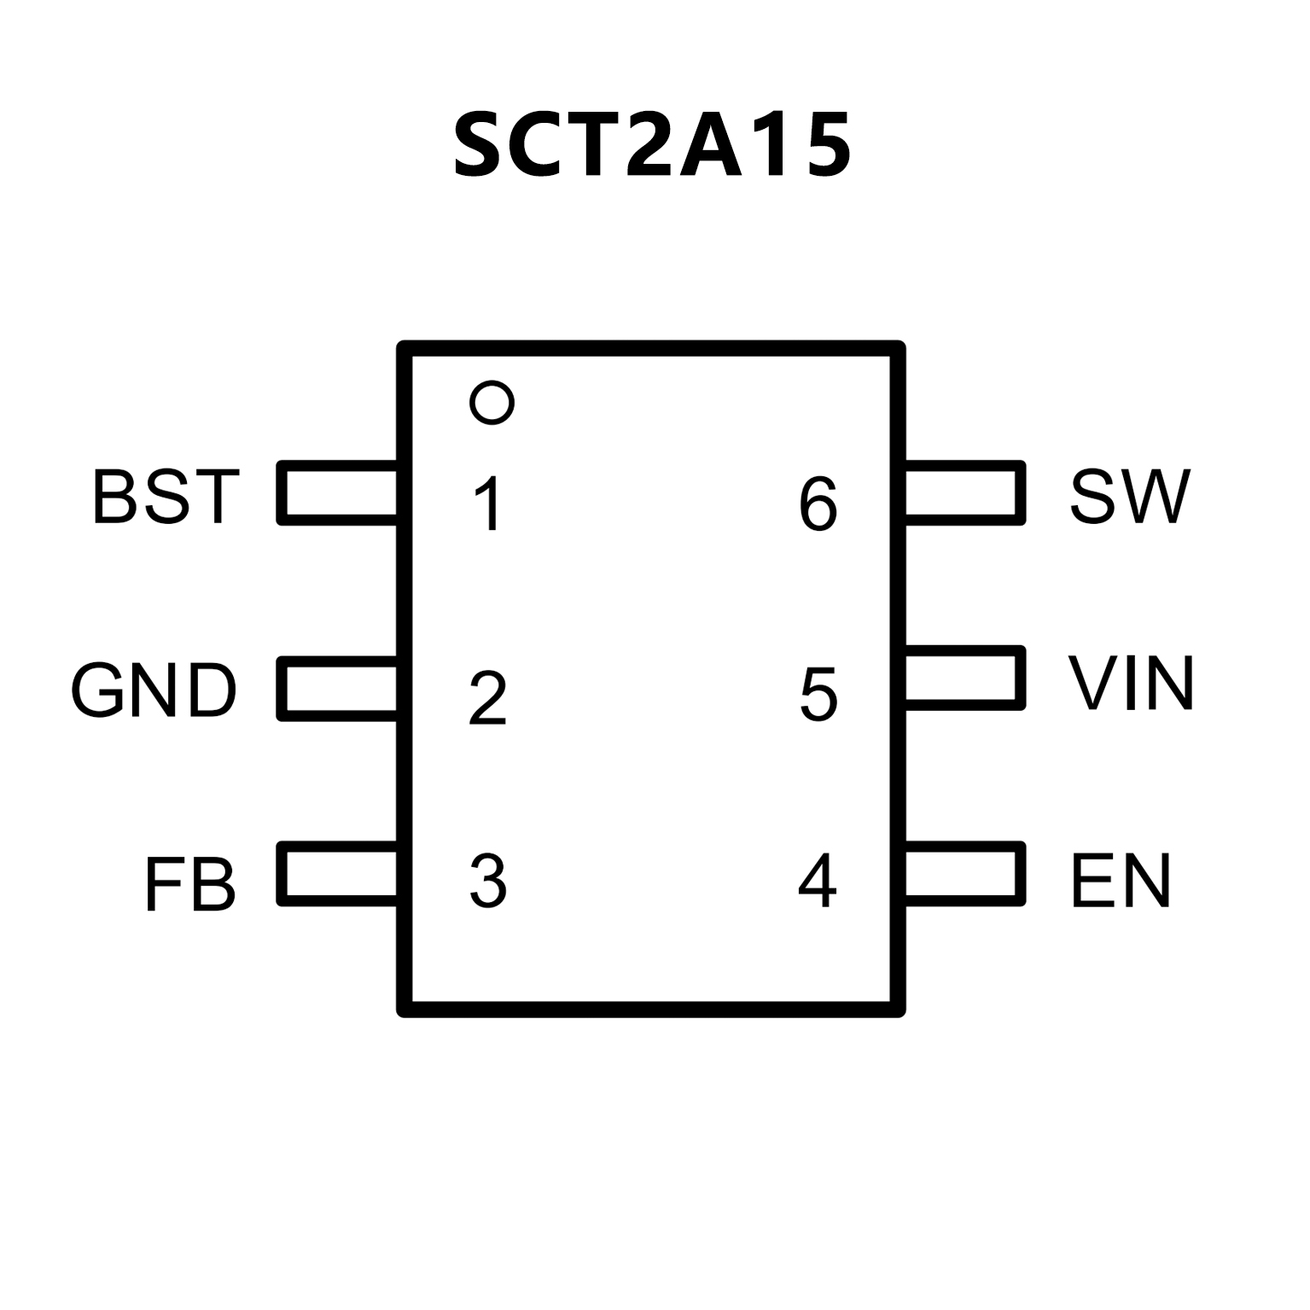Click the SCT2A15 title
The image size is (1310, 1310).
tap(652, 145)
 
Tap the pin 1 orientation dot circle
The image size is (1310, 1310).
tap(492, 402)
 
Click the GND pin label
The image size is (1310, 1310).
tap(154, 690)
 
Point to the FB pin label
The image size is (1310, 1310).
tap(189, 884)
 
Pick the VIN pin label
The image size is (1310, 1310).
tap(1131, 683)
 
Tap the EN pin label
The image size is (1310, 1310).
tap(1121, 881)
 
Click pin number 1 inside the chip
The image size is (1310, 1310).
tap(488, 504)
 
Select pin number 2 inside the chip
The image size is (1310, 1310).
tap(488, 699)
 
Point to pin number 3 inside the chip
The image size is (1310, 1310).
tap(488, 881)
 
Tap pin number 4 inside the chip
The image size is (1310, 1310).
tap(818, 881)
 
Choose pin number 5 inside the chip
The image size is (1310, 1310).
tap(818, 694)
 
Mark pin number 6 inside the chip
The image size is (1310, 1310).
tap(818, 504)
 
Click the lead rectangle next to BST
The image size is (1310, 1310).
tap(339, 492)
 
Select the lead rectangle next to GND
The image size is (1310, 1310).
tap(339, 689)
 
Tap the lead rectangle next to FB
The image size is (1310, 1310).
tap(339, 874)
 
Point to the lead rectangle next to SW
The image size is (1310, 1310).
tap(964, 492)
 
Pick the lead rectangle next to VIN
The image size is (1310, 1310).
tap(964, 678)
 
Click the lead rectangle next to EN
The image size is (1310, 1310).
tap(964, 874)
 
